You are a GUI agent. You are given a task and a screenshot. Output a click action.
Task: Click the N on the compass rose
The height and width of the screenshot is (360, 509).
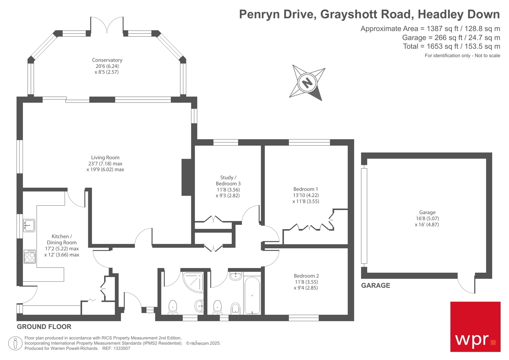(x=307, y=83)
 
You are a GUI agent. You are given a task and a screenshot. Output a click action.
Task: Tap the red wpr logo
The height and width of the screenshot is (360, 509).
(x=475, y=327)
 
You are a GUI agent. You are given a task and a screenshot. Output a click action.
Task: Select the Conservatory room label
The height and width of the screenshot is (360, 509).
(x=107, y=60)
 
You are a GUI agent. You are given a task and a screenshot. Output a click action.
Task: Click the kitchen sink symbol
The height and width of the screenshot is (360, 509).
(x=29, y=225)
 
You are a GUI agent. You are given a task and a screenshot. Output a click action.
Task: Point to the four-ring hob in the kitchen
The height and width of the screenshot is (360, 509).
(x=30, y=257)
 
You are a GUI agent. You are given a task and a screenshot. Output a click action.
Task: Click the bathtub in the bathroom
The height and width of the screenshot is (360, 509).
(x=252, y=296)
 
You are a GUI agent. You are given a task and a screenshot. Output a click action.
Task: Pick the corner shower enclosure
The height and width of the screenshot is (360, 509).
(x=193, y=282)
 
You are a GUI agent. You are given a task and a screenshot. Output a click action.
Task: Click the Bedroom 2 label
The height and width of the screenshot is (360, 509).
(x=306, y=276)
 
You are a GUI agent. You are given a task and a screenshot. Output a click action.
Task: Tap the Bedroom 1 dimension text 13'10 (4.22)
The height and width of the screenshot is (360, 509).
(x=306, y=195)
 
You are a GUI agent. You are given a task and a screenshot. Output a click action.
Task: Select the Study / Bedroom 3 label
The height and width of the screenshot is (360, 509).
(x=228, y=180)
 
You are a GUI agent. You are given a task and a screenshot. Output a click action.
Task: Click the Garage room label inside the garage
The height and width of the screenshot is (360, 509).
(x=427, y=212)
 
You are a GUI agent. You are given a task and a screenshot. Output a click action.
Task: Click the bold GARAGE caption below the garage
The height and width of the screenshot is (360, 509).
(x=375, y=286)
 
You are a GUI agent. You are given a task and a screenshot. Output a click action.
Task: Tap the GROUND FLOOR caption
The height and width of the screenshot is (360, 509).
(x=44, y=327)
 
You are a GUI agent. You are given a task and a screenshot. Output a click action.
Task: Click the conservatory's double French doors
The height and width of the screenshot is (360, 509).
(x=107, y=25)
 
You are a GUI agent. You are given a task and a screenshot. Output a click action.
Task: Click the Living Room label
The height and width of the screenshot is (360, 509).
(x=105, y=158)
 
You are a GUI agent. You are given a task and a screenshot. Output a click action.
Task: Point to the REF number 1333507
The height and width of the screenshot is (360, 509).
(x=122, y=349)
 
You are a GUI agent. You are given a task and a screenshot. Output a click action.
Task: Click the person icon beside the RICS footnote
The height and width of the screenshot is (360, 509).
(x=15, y=343)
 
